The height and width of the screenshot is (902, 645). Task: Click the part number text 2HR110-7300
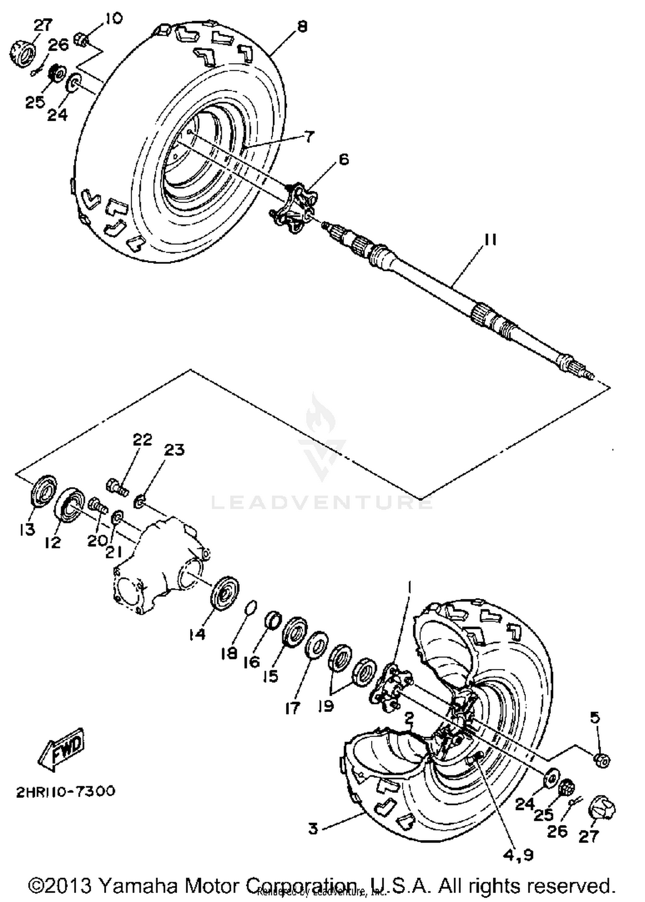(66, 791)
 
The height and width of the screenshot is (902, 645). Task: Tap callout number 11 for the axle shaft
(490, 240)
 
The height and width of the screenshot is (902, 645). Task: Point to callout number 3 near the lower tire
(313, 828)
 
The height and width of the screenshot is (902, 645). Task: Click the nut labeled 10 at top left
(82, 41)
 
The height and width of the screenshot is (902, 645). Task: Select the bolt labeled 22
(117, 487)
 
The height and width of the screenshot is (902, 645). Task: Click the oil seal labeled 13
(44, 491)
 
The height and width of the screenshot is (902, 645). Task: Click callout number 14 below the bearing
(197, 634)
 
